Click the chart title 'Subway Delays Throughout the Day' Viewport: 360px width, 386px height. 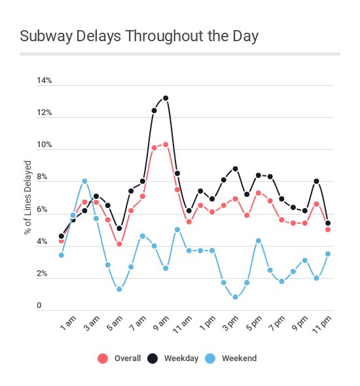[139, 36]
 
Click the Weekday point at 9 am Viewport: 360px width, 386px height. [166, 98]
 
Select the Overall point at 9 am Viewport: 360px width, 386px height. [166, 145]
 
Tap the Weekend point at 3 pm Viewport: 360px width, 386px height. [235, 297]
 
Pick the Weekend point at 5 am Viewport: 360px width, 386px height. [119, 289]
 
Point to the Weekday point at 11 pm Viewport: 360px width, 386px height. [328, 223]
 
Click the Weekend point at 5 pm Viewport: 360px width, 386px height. [259, 241]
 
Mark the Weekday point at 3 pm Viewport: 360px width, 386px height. [235, 169]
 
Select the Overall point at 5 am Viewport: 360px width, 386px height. [119, 244]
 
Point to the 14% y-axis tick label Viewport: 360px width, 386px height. [44, 81]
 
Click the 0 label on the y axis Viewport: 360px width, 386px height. [39, 306]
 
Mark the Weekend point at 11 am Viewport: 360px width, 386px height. [189, 251]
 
